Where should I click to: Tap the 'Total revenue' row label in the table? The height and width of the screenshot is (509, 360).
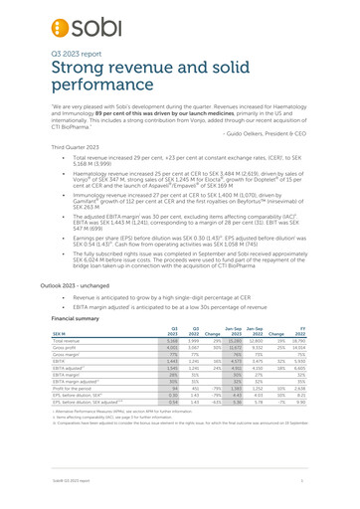(97, 384)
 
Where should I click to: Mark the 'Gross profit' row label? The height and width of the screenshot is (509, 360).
(94, 392)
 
